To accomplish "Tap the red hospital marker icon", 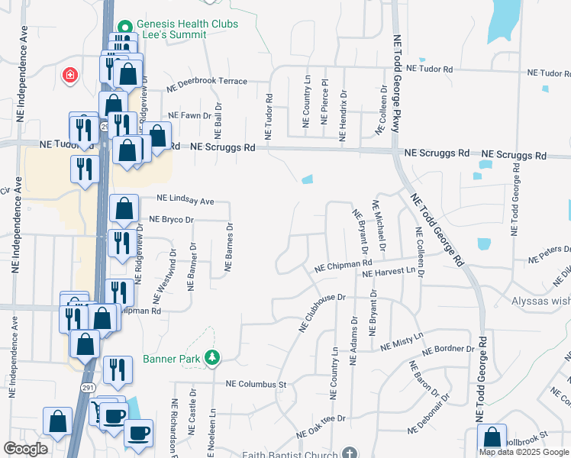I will pyautogui.click(x=69, y=75).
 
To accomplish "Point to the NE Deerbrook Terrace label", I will pyautogui.click(x=212, y=81).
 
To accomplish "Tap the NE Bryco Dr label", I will pyautogui.click(x=173, y=219).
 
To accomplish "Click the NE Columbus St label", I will pyautogui.click(x=255, y=384).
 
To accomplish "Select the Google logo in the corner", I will pyautogui.click(x=26, y=449).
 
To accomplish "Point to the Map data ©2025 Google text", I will pyautogui.click(x=523, y=452).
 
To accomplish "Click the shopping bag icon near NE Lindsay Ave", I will pyautogui.click(x=124, y=209).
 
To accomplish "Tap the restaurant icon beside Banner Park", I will pyautogui.click(x=117, y=369).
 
